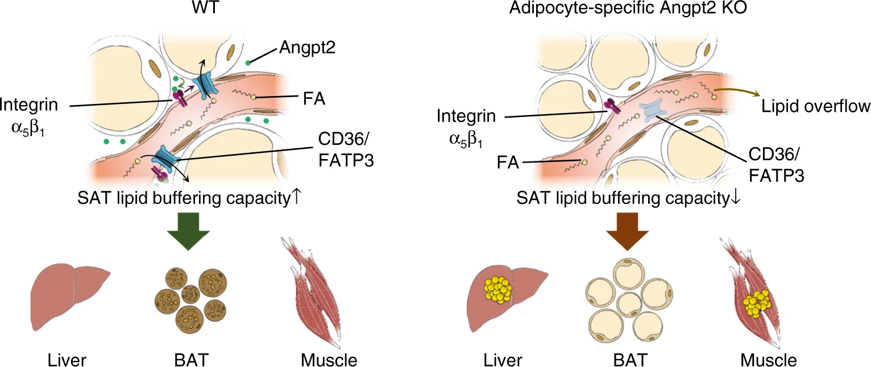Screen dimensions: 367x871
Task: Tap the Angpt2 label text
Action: (x=306, y=49)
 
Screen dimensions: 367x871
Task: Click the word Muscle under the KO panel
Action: (x=769, y=360)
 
